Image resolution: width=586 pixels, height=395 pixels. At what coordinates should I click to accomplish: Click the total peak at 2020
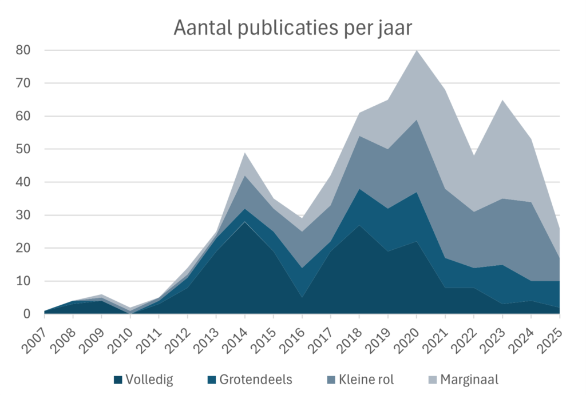pyautogui.click(x=417, y=51)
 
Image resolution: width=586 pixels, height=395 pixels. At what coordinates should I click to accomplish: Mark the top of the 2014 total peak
pyautogui.click(x=245, y=153)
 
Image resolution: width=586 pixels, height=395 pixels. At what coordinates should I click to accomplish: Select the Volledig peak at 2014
pyautogui.click(x=245, y=222)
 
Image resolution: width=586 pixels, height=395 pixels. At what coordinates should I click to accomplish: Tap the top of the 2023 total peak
pyautogui.click(x=502, y=100)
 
